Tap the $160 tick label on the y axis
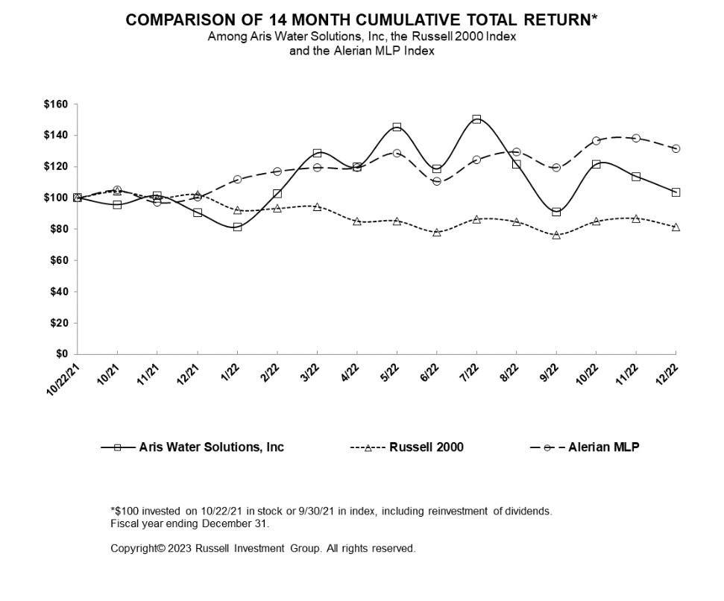tap(56, 104)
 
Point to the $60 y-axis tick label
tap(59, 260)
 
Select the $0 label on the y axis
tap(62, 354)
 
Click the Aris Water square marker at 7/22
tap(476, 119)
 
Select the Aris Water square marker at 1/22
tap(237, 227)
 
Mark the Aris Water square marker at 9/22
tap(556, 212)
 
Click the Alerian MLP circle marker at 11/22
tap(636, 138)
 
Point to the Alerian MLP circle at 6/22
tap(437, 181)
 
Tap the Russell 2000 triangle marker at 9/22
tap(556, 235)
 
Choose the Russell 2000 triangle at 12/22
tap(676, 227)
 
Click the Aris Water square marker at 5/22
tap(397, 127)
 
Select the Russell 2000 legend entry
tap(407, 447)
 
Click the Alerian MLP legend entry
tap(585, 447)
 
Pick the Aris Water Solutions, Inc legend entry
tap(192, 447)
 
